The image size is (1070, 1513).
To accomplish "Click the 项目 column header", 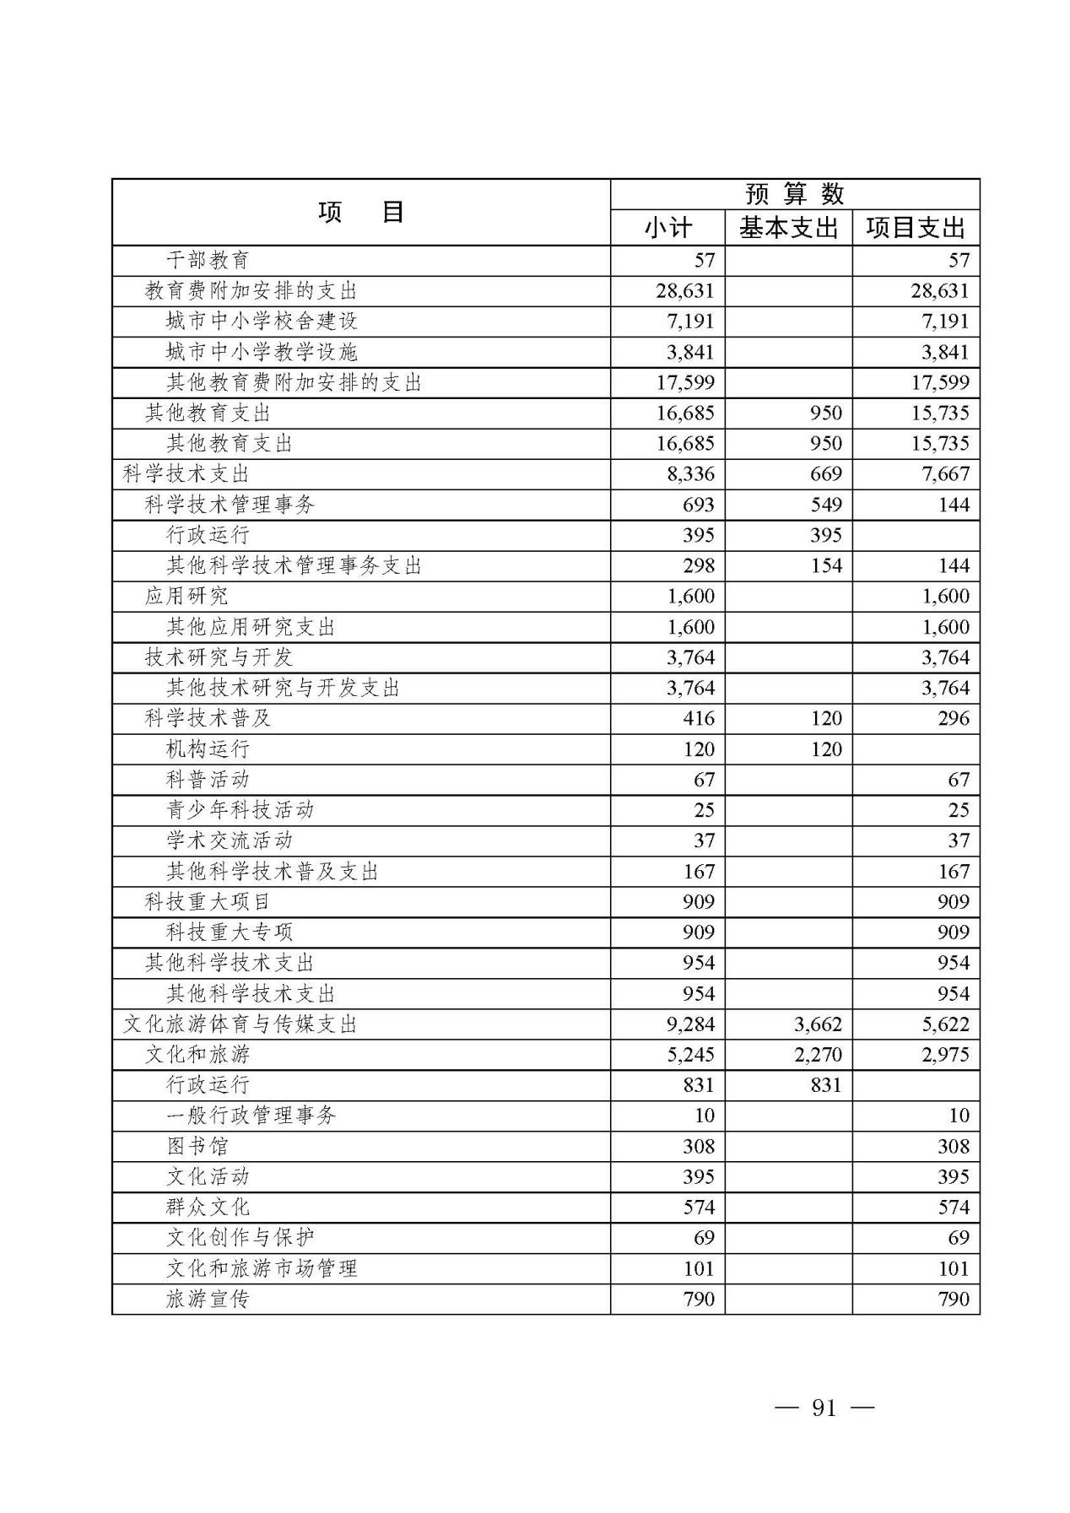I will click(x=361, y=212).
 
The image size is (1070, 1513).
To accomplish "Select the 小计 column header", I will click(x=667, y=228).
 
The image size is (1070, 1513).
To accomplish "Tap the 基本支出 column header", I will click(x=788, y=228).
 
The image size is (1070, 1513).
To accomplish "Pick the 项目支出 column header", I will click(x=916, y=228).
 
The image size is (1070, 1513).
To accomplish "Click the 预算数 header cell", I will click(x=795, y=194).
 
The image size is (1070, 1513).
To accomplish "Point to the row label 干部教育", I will click(x=208, y=260).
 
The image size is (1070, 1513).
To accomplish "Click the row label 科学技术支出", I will click(x=186, y=473).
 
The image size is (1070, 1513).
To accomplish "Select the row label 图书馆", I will click(x=197, y=1146).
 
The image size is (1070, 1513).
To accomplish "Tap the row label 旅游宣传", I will click(x=208, y=1299).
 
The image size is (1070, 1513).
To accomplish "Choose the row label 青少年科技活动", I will click(x=240, y=810).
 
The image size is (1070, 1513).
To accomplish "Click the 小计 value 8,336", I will click(x=690, y=473).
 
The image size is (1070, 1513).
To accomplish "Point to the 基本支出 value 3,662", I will click(x=818, y=1024).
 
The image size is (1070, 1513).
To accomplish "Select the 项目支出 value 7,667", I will click(x=945, y=473).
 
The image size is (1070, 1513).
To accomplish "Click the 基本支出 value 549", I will click(x=825, y=505).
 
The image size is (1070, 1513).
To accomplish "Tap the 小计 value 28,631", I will click(x=684, y=291).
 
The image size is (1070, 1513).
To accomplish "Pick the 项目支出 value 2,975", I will click(x=945, y=1054).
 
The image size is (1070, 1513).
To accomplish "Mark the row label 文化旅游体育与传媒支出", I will click(x=240, y=1024).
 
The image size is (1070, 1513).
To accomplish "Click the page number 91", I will click(x=824, y=1408).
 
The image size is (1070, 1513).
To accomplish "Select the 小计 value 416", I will click(x=699, y=718).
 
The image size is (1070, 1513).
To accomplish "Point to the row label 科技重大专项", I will click(x=230, y=932).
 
